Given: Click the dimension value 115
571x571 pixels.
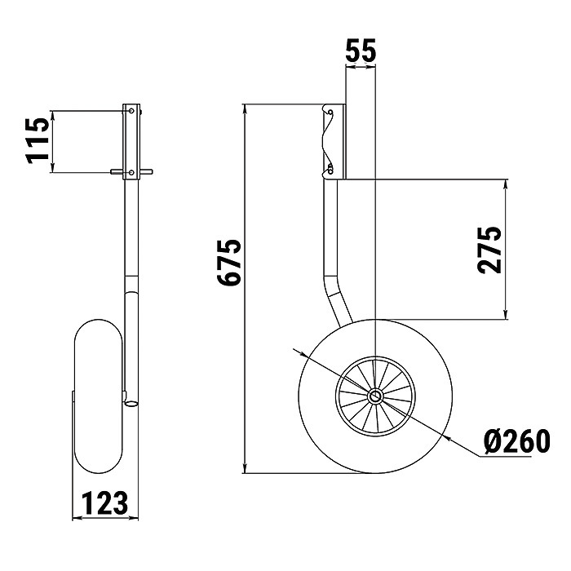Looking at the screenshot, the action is pyautogui.click(x=38, y=140).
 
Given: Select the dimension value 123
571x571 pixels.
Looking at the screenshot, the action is pyautogui.click(x=105, y=503).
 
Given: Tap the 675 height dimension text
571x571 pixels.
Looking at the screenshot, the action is pyautogui.click(x=229, y=262).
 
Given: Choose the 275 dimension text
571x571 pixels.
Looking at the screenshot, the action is pyautogui.click(x=489, y=250).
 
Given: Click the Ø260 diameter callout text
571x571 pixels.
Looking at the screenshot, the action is pyautogui.click(x=517, y=441).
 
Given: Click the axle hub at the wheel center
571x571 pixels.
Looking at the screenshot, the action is pyautogui.click(x=375, y=396).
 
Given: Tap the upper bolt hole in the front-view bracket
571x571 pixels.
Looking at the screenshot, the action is pyautogui.click(x=131, y=110).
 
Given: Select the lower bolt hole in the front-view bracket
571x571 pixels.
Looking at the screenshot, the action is pyautogui.click(x=131, y=172).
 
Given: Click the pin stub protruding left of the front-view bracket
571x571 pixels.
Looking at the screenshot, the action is pyautogui.click(x=117, y=171).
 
